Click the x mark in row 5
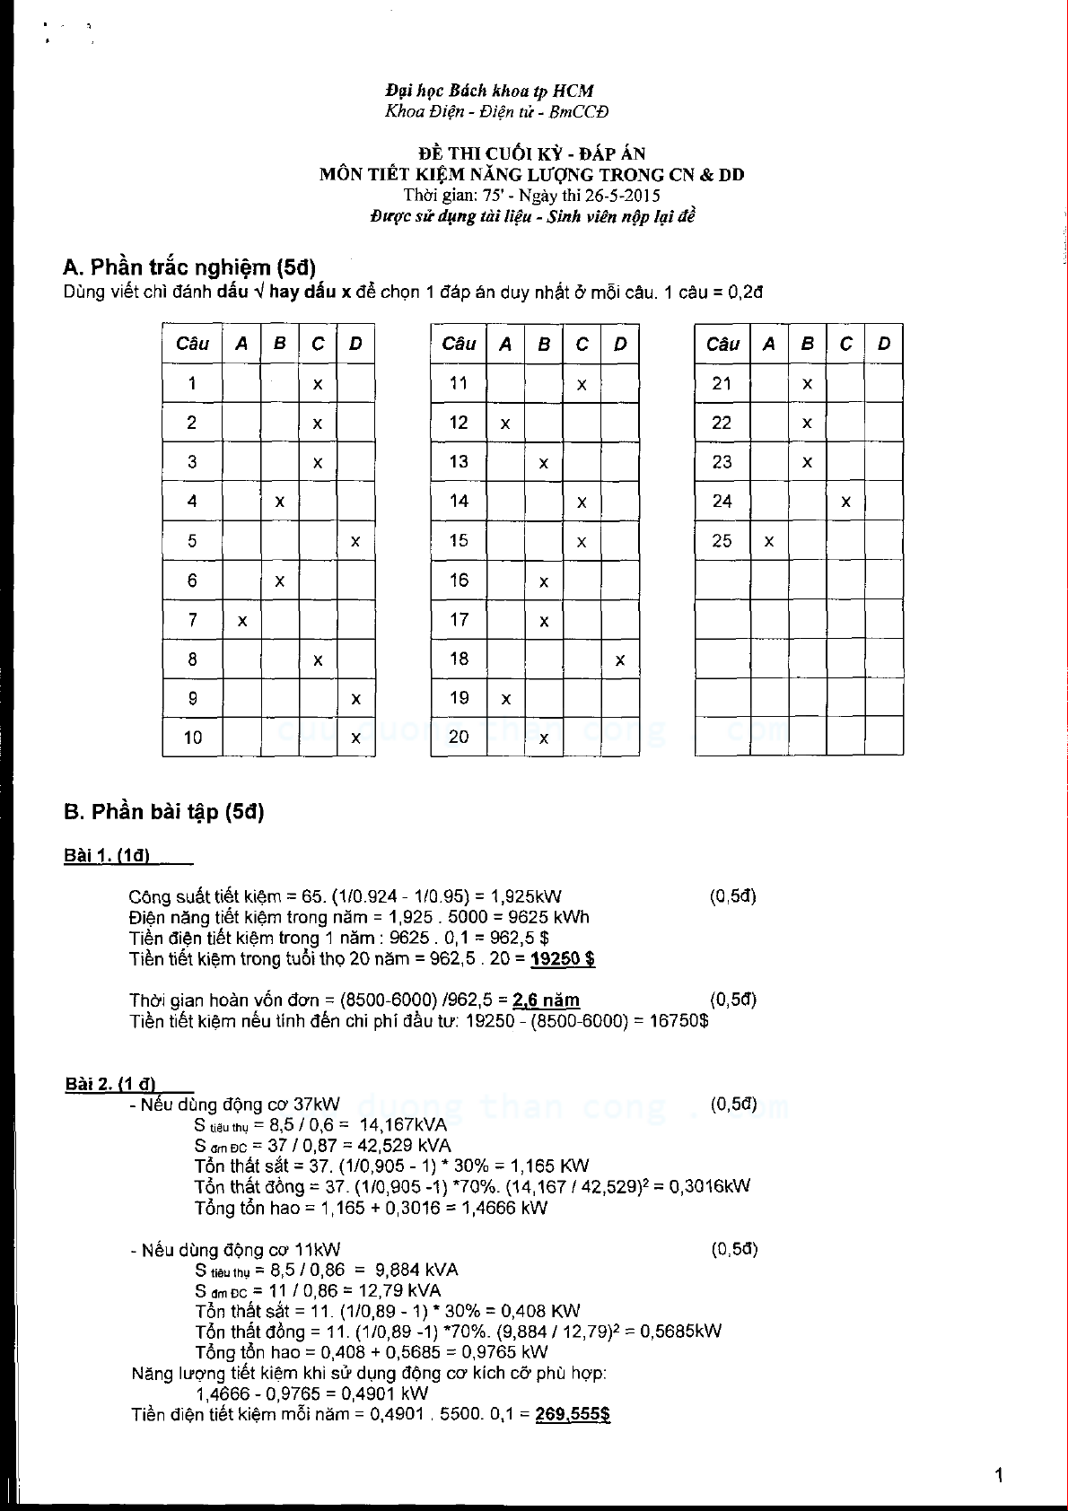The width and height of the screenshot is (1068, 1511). [x=355, y=542]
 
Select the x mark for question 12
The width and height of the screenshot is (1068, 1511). [x=506, y=424]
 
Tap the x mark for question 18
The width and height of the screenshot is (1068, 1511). [x=620, y=660]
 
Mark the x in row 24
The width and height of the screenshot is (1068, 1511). [x=845, y=502]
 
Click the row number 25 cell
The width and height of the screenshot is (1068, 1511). [x=722, y=541]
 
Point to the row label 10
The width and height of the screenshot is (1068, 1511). [x=193, y=738]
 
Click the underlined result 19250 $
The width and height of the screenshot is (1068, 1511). [x=563, y=959]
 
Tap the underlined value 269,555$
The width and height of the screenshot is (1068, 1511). [x=573, y=1414]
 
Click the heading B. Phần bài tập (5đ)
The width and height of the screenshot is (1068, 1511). [x=164, y=812]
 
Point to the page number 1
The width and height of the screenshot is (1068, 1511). [x=999, y=1475]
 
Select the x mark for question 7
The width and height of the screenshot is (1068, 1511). [x=242, y=621]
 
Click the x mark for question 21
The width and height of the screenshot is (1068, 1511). [x=808, y=384]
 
